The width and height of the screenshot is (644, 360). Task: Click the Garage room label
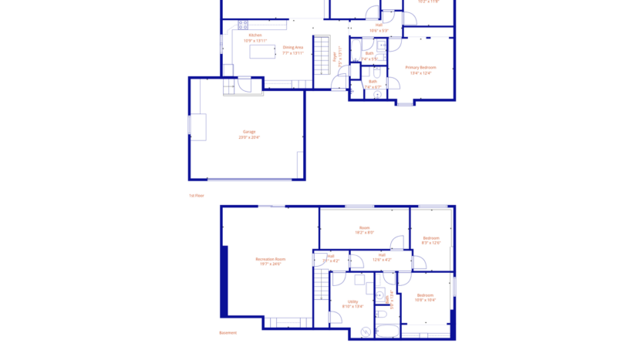[249, 132]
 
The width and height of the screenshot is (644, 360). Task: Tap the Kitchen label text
[255, 35]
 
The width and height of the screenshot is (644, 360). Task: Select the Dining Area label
[292, 48]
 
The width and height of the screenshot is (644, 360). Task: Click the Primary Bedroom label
[421, 68]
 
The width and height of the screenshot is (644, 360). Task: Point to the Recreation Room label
[270, 259]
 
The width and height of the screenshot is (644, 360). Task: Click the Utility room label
[352, 301]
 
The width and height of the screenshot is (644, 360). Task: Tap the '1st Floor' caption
[197, 196]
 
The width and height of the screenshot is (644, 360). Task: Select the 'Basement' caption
[228, 333]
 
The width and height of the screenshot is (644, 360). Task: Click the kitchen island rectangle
[262, 52]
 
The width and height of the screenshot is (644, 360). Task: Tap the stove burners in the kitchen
[243, 25]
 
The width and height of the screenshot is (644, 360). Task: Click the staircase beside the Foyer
[321, 55]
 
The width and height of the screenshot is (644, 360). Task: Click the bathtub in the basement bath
[386, 331]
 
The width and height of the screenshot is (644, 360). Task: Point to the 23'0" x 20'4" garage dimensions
[249, 137]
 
